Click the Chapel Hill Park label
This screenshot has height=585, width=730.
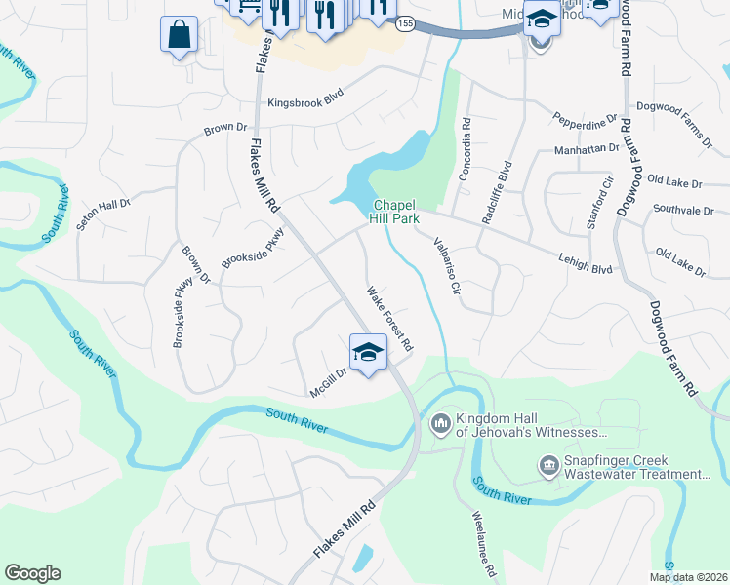tap(393, 212)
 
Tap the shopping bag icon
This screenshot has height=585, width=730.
tap(179, 36)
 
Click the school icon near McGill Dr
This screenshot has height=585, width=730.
tap(368, 353)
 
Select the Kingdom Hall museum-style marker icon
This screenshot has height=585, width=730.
tap(439, 423)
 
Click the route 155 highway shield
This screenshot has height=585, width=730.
tap(405, 22)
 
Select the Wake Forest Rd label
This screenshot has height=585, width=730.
tap(390, 319)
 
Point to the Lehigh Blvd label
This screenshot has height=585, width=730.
tap(586, 255)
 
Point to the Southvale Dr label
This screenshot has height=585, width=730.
tap(683, 210)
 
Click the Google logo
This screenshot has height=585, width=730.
tap(32, 573)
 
